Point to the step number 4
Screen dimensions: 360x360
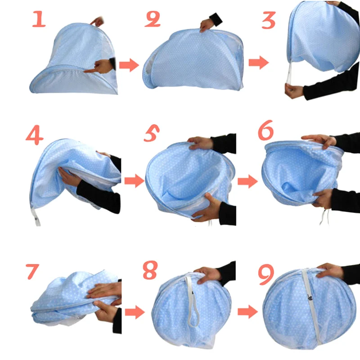[34, 136]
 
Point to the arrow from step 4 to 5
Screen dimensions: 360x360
[133, 181]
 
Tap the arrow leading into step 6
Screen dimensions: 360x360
[247, 181]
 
